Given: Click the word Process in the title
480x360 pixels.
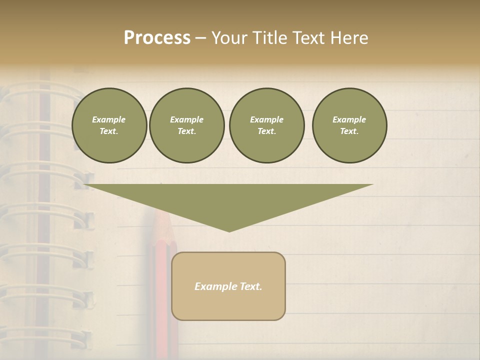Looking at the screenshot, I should (x=157, y=38).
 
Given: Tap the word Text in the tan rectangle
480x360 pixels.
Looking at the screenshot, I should (x=251, y=286).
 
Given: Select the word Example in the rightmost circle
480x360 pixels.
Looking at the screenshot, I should (x=349, y=119).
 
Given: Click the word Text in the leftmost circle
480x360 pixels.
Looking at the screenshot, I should (x=108, y=131).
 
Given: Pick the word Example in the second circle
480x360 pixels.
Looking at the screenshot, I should (x=186, y=119).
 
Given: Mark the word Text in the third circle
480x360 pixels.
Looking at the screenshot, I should (x=266, y=131).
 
